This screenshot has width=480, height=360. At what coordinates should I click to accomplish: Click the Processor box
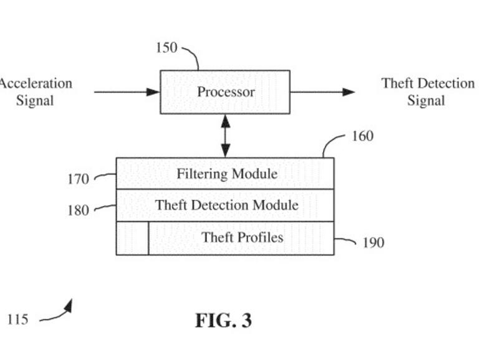(x=225, y=92)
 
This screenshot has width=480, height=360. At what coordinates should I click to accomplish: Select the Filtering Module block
(x=225, y=173)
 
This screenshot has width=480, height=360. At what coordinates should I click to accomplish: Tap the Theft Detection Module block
(x=225, y=205)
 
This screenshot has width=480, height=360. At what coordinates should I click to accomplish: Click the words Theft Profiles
(x=242, y=237)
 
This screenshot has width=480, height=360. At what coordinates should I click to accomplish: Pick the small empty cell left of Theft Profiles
(x=132, y=238)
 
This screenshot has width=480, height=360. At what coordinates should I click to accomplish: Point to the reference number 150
(x=166, y=48)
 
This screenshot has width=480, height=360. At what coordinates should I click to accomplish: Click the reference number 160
(x=363, y=135)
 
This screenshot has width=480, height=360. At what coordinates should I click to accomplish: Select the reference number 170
(x=78, y=179)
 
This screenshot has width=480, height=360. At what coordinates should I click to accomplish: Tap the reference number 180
(x=78, y=211)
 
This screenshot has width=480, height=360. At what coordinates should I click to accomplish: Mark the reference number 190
(x=373, y=243)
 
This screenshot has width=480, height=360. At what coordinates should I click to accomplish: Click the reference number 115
(x=17, y=320)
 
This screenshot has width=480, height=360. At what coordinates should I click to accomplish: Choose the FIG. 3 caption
(x=223, y=321)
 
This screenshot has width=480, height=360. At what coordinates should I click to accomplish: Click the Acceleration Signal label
(x=35, y=92)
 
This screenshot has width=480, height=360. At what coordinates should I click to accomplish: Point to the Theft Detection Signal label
(x=428, y=92)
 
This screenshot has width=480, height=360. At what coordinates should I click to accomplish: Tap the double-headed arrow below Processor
(x=225, y=136)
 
